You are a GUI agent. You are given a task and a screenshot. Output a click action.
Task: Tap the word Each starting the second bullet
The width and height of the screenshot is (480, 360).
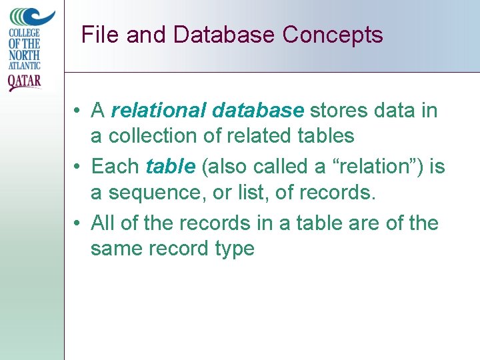pyautogui.click(x=115, y=166)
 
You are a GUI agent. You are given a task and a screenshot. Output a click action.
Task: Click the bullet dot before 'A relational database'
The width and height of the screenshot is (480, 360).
pyautogui.click(x=78, y=111)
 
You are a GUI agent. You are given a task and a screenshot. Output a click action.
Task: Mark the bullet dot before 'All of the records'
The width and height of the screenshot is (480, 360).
pyautogui.click(x=78, y=223)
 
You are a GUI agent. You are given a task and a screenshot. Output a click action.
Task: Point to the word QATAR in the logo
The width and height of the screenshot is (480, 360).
pyautogui.click(x=25, y=81)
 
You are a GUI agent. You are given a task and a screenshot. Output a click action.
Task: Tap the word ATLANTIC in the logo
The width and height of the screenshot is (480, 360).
pyautogui.click(x=25, y=65)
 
